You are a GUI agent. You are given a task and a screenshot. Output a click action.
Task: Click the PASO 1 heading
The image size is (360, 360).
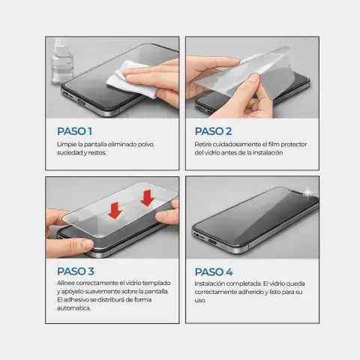(x=74, y=131)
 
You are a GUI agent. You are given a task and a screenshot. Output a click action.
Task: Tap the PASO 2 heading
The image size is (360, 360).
(x=213, y=131)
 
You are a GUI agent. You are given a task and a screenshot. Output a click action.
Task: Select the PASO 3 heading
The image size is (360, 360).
(x=76, y=271)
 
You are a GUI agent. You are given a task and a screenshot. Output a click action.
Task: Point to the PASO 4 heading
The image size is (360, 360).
(x=214, y=272)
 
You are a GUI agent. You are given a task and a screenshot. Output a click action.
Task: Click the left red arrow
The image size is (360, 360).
(x=115, y=211)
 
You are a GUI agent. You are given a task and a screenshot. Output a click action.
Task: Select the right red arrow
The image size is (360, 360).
(x=148, y=198)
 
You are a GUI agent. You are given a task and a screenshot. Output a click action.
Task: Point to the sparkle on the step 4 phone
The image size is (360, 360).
(x=308, y=193)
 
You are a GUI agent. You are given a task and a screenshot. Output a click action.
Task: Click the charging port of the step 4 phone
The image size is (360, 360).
(x=212, y=241)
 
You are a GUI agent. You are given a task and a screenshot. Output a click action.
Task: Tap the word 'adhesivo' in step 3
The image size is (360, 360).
(x=76, y=300)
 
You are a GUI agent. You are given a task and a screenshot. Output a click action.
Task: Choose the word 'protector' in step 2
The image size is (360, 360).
(x=294, y=145)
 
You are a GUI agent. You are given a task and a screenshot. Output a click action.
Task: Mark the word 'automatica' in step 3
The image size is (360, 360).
(x=73, y=308)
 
